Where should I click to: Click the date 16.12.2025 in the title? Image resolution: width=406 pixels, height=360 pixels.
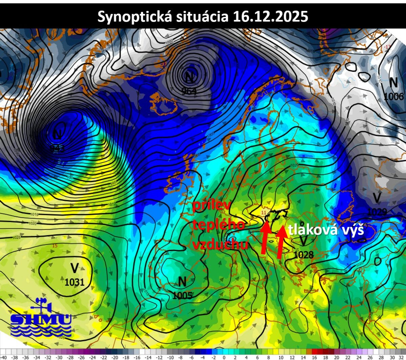271,16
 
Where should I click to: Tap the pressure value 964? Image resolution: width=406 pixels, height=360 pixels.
189,91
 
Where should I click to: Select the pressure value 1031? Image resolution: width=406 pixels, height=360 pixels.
74,282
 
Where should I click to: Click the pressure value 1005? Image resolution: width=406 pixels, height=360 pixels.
183,295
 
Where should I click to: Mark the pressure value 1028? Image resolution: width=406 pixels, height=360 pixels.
303,255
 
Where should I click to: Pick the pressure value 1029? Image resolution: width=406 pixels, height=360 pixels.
377,212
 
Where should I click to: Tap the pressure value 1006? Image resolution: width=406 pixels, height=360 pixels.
394,96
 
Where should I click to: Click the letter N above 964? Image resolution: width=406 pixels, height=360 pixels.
189,77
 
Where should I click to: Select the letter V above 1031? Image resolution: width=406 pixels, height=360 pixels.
74,268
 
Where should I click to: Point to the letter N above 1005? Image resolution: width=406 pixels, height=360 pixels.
182,281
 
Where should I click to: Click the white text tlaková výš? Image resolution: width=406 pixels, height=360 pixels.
326,230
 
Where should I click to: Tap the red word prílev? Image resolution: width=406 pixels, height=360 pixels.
211,206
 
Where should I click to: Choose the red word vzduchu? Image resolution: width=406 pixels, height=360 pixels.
220,244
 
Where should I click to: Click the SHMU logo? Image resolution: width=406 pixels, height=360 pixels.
41,318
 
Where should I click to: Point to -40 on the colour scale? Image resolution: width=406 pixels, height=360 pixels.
3,357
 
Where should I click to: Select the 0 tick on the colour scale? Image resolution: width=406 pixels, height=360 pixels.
224,357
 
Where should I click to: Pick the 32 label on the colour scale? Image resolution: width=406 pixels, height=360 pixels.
401,357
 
